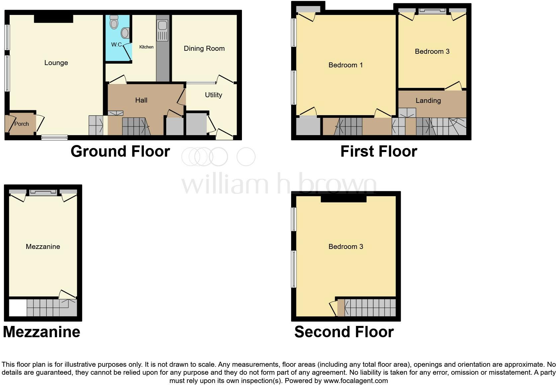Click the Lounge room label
coord(56,63)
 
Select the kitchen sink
coord(163,25)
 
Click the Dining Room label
coord(204,48)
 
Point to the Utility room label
coord(213,95)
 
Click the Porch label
coord(22,124)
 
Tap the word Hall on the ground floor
coord(141,100)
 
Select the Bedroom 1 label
coord(346,65)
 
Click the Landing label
coord(428,101)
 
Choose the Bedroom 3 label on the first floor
coord(432,51)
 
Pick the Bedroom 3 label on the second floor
coord(346,247)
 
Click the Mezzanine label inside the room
coord(43,247)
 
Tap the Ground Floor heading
coord(120,151)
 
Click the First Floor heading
coord(379,151)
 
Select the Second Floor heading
coord(344,332)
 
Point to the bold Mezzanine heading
coord(42,332)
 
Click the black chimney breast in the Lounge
coord(54,19)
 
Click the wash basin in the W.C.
coord(125,33)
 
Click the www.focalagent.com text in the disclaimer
coord(356,381)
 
